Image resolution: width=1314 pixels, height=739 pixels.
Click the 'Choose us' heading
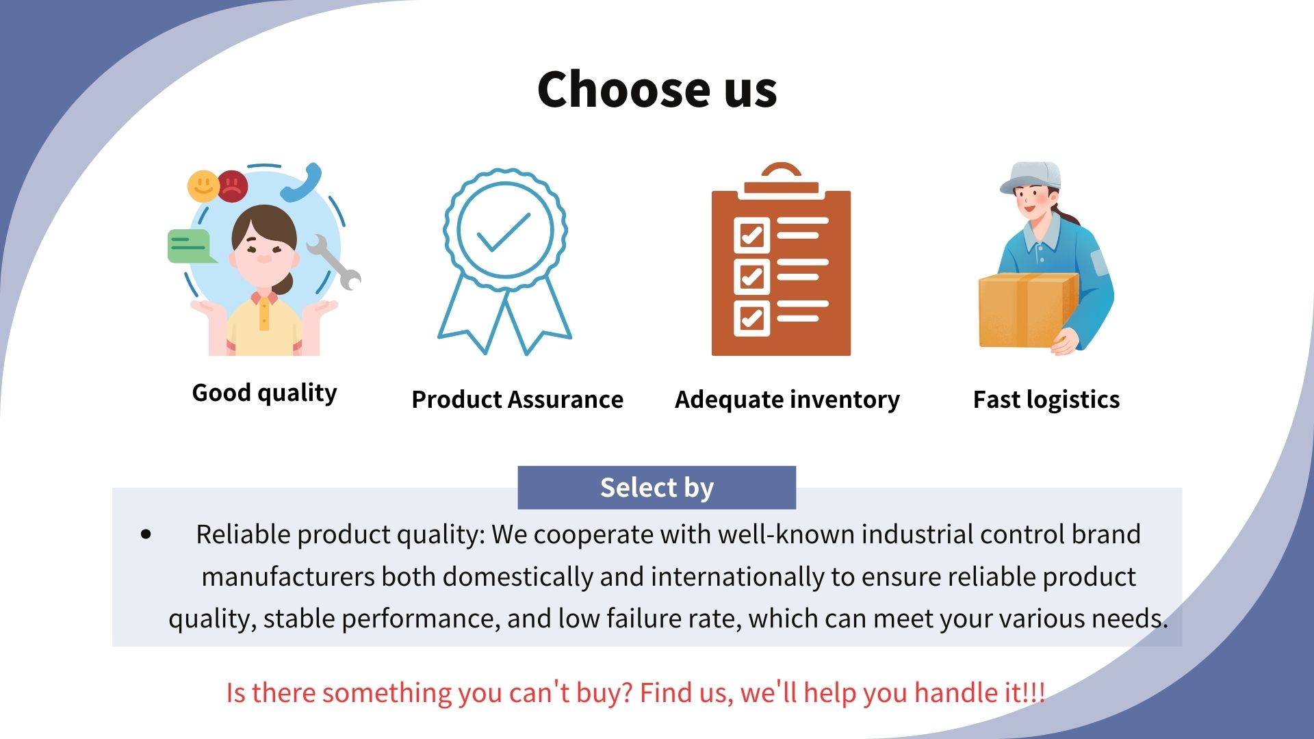pyautogui.click(x=657, y=90)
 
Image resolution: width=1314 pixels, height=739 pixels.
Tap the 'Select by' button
pyautogui.click(x=657, y=488)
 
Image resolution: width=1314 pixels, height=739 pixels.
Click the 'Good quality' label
pyautogui.click(x=265, y=393)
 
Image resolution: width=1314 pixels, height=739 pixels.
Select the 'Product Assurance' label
pyautogui.click(x=517, y=399)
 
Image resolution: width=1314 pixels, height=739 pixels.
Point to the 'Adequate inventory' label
pyautogui.click(x=788, y=400)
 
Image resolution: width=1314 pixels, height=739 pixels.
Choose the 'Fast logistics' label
pyautogui.click(x=1046, y=400)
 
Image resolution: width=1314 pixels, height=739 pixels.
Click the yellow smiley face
pyautogui.click(x=203, y=185)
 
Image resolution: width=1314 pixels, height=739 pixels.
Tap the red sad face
pyautogui.click(x=233, y=185)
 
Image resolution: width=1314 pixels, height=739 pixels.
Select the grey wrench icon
pyautogui.click(x=334, y=262)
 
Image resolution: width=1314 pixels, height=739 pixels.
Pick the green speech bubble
pyautogui.click(x=191, y=246)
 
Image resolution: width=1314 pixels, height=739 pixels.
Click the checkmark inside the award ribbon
pyautogui.click(x=504, y=232)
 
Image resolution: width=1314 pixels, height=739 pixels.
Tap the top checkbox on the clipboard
pyautogui.click(x=751, y=235)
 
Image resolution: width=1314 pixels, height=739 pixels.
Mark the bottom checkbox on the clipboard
pyautogui.click(x=751, y=318)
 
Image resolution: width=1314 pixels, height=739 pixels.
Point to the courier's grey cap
pyautogui.click(x=1031, y=177)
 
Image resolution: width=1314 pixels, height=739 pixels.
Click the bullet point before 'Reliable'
pyautogui.click(x=146, y=534)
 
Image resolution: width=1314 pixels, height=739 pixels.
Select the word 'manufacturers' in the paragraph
pyautogui.click(x=288, y=577)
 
